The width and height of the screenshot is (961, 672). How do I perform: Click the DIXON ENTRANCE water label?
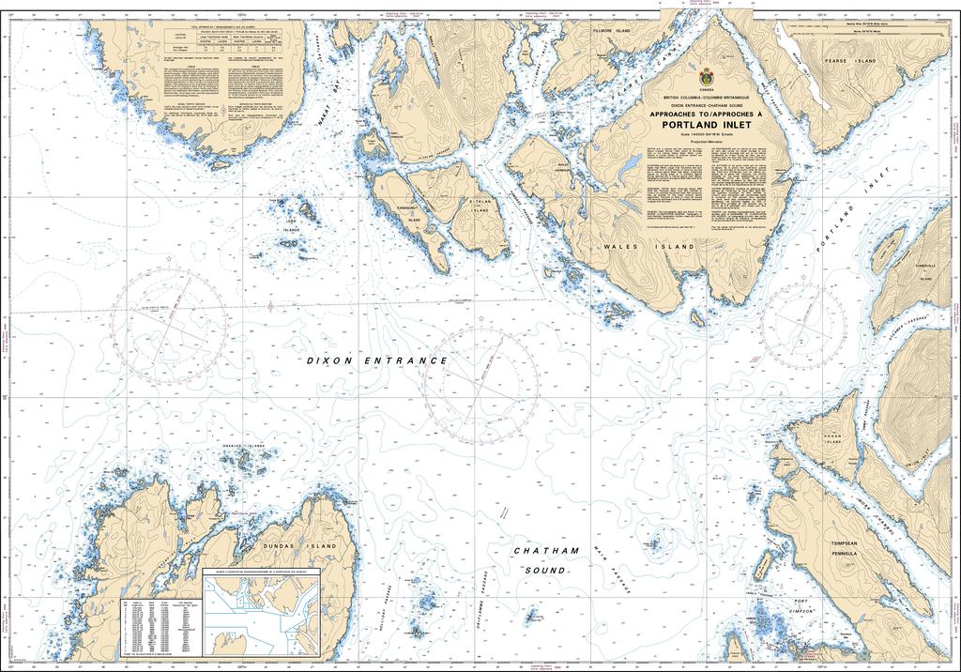click(378, 360)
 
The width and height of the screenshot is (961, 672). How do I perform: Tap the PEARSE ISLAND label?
click(851, 61)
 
